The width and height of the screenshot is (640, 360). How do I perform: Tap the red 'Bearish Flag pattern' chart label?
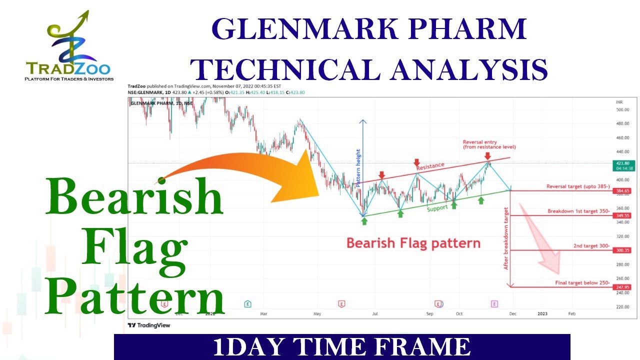click(x=413, y=243)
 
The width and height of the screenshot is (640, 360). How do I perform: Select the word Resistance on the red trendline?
click(x=430, y=166)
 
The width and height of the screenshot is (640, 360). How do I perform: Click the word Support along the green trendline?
click(x=437, y=207)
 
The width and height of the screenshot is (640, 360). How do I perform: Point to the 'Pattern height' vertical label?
click(x=358, y=168)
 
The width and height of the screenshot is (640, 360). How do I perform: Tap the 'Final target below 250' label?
click(x=582, y=283)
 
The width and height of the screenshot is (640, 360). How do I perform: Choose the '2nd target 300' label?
click(x=591, y=246)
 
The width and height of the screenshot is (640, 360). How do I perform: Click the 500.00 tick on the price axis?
click(x=622, y=109)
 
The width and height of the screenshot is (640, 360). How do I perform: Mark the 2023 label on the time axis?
click(x=542, y=313)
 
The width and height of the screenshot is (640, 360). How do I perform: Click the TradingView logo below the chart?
click(x=149, y=325)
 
